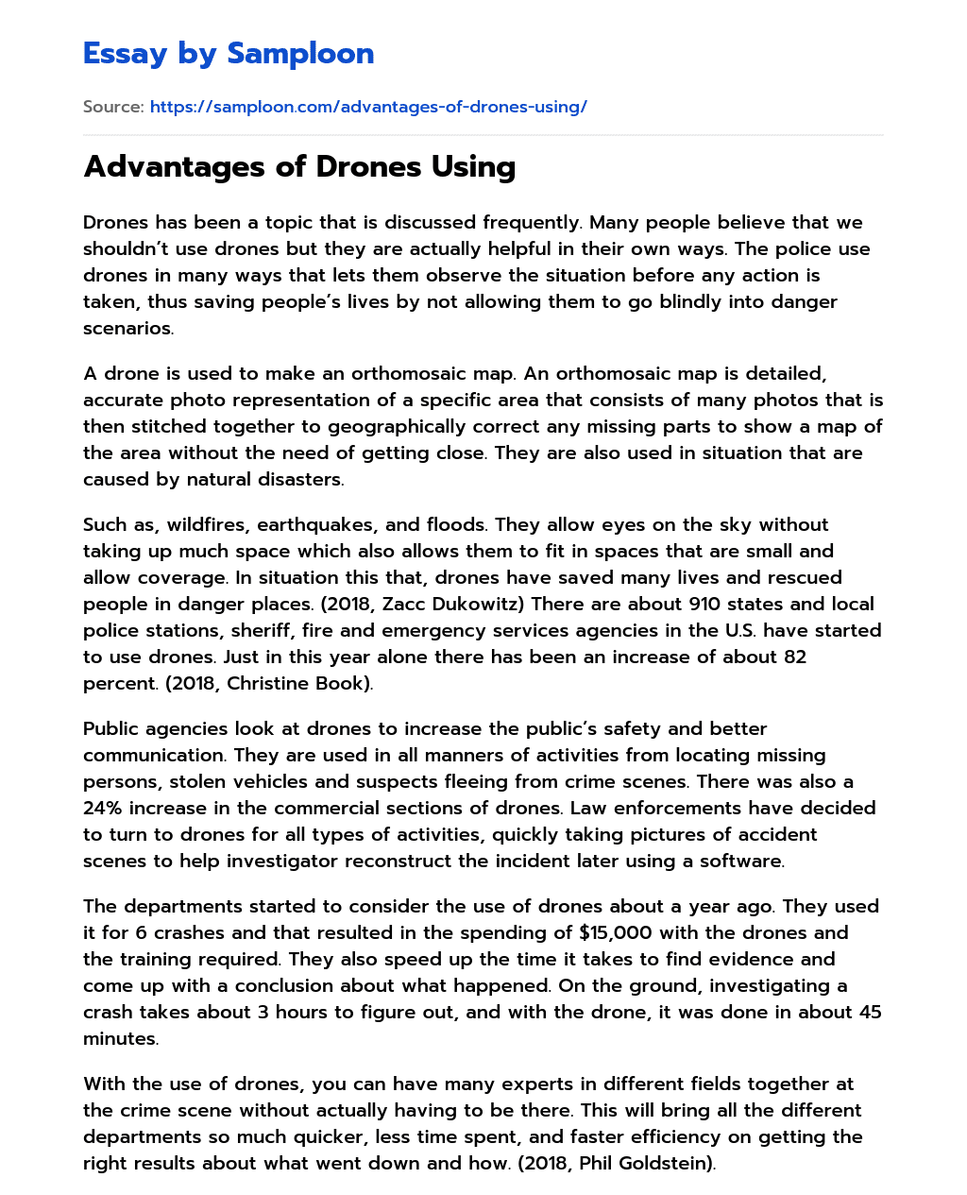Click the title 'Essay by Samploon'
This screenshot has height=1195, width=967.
click(229, 54)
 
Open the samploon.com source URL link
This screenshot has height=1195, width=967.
click(368, 107)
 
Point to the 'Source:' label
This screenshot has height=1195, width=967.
click(113, 107)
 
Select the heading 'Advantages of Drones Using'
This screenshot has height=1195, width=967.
click(299, 166)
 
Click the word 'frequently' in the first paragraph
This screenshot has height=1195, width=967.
click(529, 223)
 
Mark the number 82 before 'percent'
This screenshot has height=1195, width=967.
click(795, 657)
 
